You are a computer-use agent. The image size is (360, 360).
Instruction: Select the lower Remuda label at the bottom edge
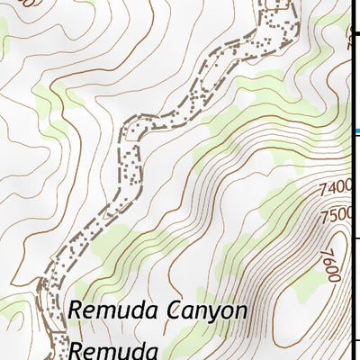pos(106,349)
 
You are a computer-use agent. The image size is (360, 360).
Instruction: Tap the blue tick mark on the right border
pos(357,133)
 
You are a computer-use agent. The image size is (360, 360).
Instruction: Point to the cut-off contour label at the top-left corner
pos(34,4)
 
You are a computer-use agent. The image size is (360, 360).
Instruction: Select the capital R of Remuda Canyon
pos(74,311)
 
